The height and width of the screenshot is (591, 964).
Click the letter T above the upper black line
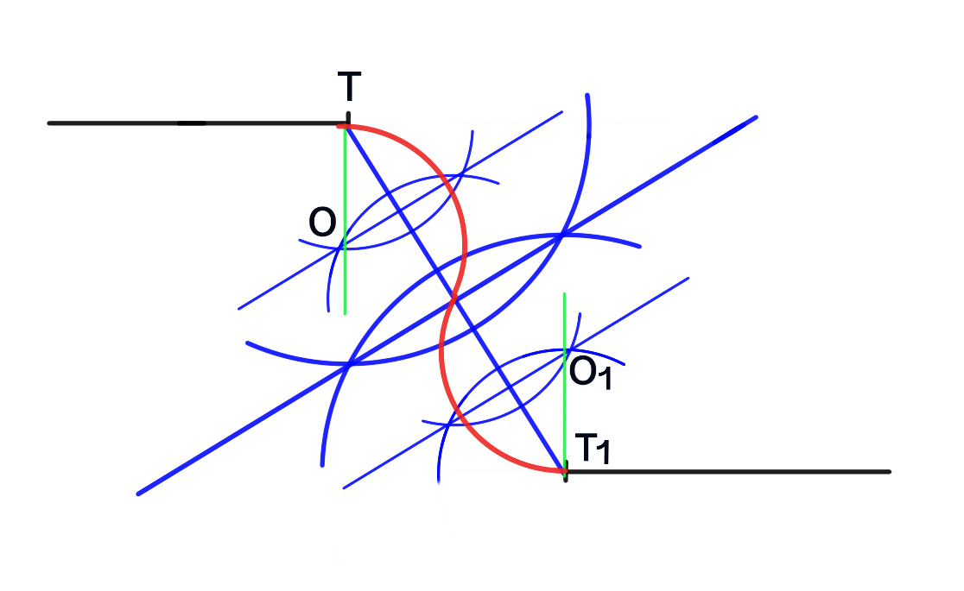pos(349,88)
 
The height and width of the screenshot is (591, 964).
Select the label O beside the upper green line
pos(322,223)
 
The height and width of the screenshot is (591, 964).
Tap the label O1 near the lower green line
pos(590,373)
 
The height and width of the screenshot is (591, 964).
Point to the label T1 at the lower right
pos(593,449)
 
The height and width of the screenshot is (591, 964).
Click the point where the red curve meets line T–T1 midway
pos(454,299)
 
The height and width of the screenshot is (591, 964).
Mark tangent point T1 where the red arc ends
pos(565,471)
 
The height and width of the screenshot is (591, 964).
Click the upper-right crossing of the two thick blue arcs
pos(562,234)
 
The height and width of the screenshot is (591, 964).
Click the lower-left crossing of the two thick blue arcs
pos(348,364)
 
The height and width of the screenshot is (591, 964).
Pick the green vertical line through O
pos(345,276)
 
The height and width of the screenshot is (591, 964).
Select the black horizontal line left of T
pos(173,123)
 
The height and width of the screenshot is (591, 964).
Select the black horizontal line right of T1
pos(734,471)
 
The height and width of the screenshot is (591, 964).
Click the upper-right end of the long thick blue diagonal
pos(756,116)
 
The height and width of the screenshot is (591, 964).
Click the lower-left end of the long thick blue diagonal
pos(138,494)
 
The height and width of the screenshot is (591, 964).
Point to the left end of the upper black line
pos(49,123)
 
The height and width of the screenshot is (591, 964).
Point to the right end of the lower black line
pos(889,471)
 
